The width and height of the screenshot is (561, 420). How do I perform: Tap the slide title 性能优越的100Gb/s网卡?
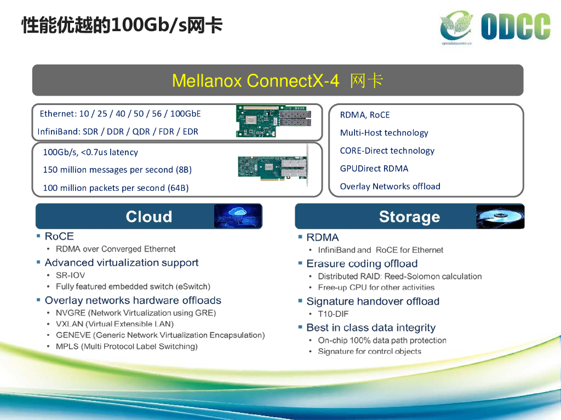[122, 25]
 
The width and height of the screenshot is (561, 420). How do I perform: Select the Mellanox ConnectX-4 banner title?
[277, 81]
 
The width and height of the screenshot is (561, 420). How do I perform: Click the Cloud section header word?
[148, 217]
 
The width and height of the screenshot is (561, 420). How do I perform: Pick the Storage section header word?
[409, 217]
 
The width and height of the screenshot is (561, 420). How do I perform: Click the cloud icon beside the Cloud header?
[237, 216]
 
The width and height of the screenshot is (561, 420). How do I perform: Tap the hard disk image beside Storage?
[500, 217]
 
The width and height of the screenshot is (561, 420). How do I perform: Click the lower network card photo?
[272, 167]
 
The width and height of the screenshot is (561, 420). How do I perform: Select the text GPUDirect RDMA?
[374, 168]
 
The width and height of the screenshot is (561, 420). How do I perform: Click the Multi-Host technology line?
[383, 133]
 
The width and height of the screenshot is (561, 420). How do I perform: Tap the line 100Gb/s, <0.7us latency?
[90, 152]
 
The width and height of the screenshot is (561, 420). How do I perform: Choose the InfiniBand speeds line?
[118, 131]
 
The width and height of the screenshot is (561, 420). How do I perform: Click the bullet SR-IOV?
[70, 275]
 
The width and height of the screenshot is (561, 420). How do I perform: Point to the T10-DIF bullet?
[333, 314]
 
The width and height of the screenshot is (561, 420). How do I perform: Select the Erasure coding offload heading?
[362, 264]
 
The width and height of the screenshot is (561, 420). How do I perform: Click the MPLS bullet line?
[127, 346]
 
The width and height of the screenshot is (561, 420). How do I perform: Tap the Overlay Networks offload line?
[390, 186]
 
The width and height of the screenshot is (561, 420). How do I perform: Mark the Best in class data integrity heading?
[370, 328]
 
